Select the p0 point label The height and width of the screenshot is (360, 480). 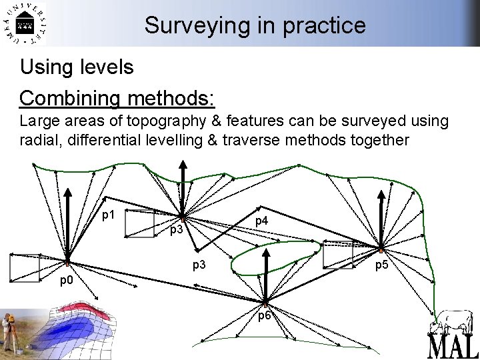(x=67, y=280)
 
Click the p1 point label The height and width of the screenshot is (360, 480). (x=109, y=215)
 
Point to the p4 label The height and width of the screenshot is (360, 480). (x=261, y=221)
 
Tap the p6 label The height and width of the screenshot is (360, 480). (x=265, y=315)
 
